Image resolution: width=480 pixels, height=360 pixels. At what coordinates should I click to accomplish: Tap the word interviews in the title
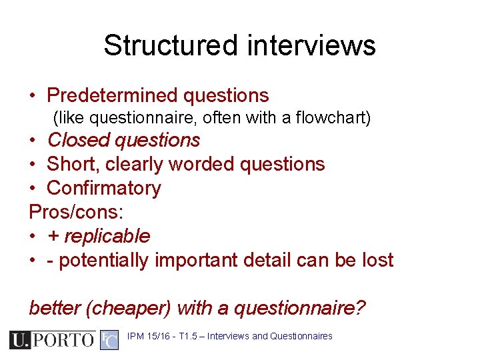pyautogui.click(x=311, y=46)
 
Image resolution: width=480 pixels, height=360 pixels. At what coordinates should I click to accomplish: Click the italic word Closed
pyautogui.click(x=77, y=140)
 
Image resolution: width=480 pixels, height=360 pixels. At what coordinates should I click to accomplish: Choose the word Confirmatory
pyautogui.click(x=104, y=188)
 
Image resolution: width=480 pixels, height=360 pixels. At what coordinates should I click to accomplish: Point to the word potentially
pyautogui.click(x=103, y=260)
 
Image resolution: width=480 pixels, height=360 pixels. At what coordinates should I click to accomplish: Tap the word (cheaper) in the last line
pyautogui.click(x=125, y=308)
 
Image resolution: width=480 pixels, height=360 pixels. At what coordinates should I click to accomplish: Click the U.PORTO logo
pyautogui.click(x=53, y=340)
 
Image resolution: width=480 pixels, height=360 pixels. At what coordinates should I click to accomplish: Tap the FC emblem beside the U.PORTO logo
pyautogui.click(x=109, y=340)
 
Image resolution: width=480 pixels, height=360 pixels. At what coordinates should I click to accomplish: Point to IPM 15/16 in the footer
pyautogui.click(x=149, y=336)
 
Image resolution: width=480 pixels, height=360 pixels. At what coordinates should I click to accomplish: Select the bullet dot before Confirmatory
pyautogui.click(x=33, y=189)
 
